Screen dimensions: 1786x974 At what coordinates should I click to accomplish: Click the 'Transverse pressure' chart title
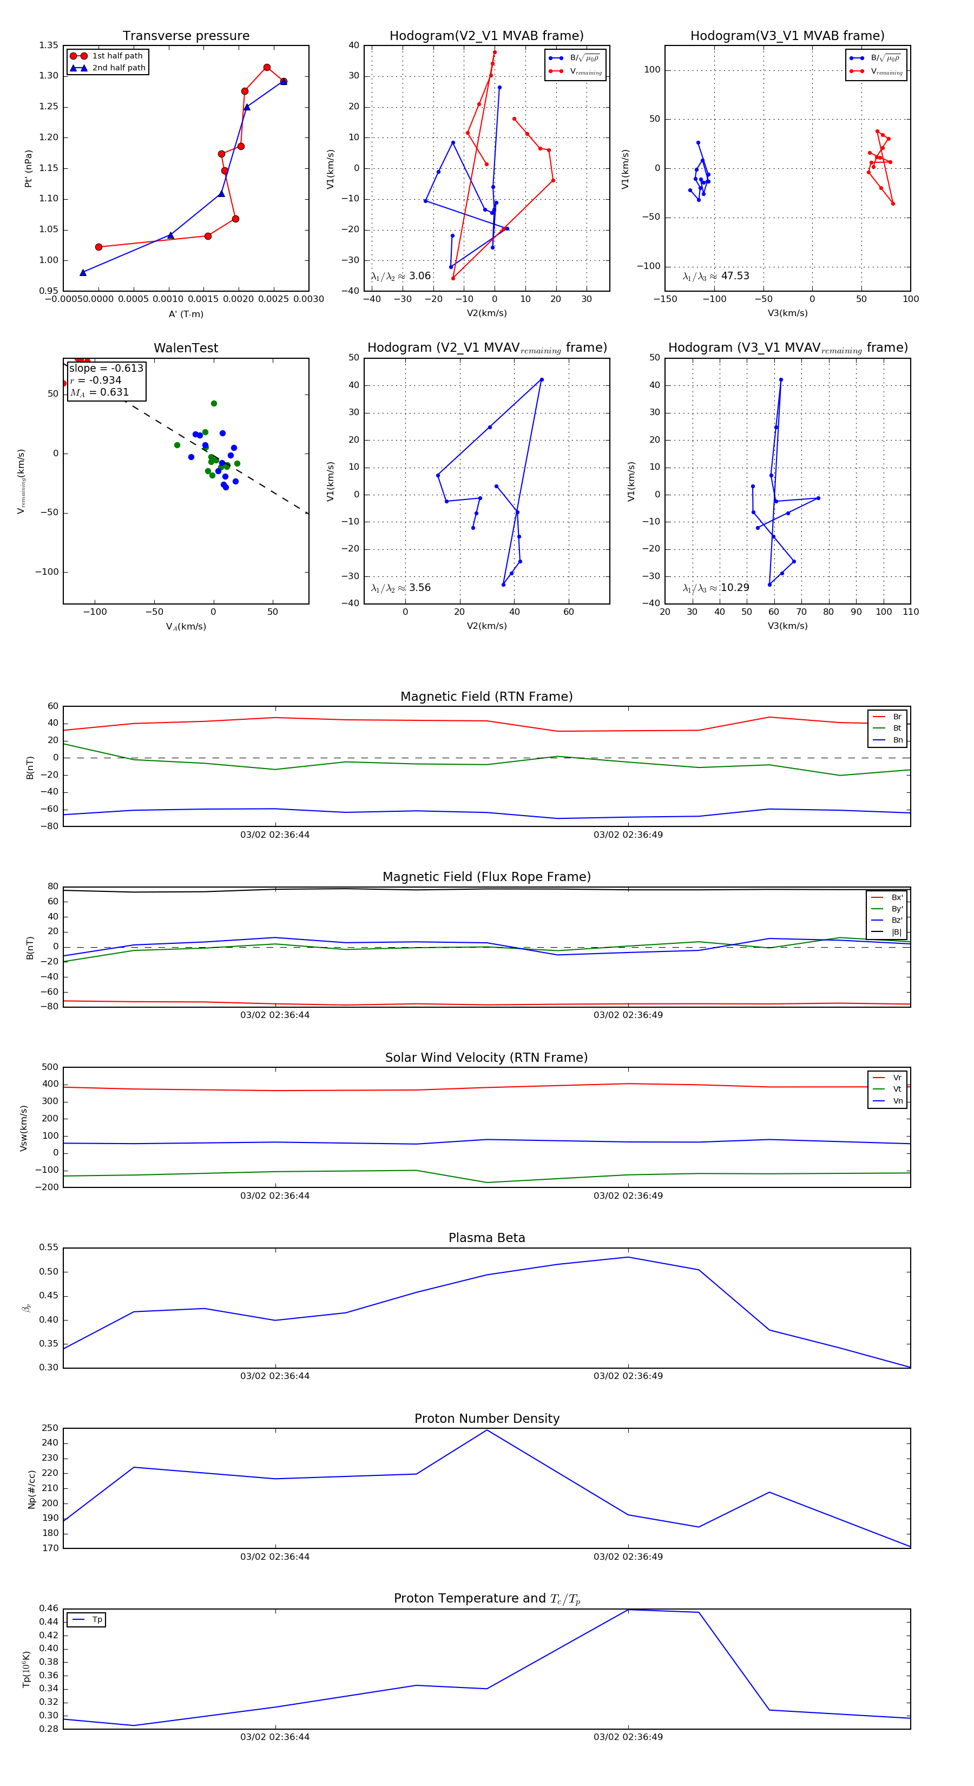pyautogui.click(x=186, y=36)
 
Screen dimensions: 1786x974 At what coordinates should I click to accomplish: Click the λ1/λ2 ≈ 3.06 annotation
pyautogui.click(x=400, y=276)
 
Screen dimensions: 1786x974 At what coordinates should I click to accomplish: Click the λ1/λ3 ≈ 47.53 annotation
pyautogui.click(x=715, y=276)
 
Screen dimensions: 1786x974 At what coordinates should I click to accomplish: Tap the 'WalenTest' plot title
pyautogui.click(x=186, y=348)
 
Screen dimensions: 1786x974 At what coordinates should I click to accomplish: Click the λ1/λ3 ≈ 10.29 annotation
pyautogui.click(x=715, y=588)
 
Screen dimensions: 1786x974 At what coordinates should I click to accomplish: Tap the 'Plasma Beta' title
pyautogui.click(x=486, y=1238)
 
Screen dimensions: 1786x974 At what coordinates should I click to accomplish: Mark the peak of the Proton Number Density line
pyautogui.click(x=486, y=1430)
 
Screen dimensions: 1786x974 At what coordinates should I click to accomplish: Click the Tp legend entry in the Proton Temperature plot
pyautogui.click(x=96, y=1620)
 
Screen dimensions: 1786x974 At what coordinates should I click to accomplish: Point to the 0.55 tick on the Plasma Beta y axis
pyautogui.click(x=49, y=1247)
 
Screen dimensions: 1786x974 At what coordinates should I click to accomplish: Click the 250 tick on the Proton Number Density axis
pyautogui.click(x=50, y=1428)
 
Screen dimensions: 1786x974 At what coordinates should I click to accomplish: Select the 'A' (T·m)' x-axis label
pyautogui.click(x=186, y=314)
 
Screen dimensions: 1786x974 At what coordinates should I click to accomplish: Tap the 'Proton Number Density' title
pyautogui.click(x=486, y=1419)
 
